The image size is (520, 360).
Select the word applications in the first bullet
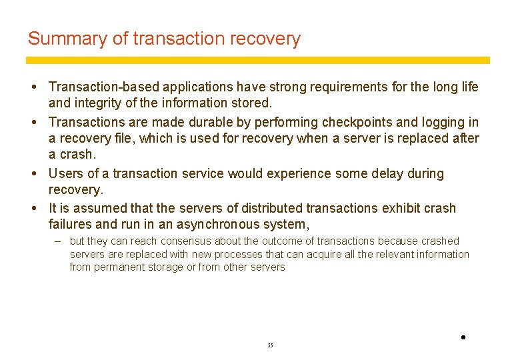click(195, 87)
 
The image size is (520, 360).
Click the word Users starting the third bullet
click(65, 174)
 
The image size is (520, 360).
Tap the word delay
click(379, 174)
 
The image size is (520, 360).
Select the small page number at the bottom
click(270, 345)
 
